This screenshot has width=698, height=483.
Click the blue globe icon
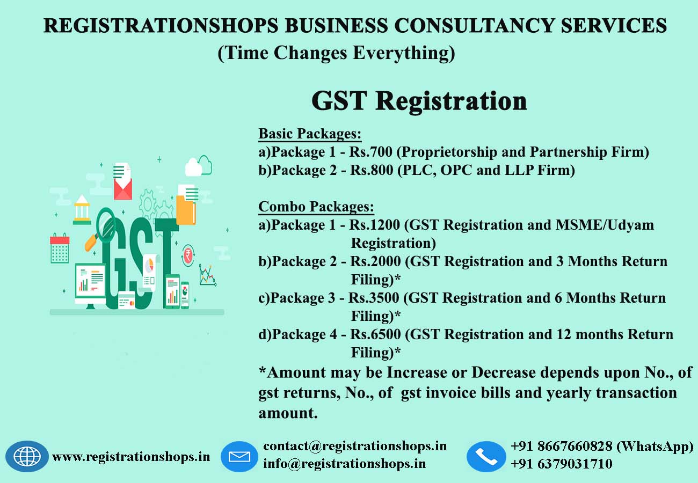point(27,456)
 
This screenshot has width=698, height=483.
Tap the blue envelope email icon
point(239,457)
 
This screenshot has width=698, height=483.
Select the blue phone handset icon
point(486,457)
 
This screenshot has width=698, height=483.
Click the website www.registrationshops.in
point(131,457)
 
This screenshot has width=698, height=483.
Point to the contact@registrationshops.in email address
point(355,446)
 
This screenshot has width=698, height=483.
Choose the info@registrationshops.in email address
point(344,464)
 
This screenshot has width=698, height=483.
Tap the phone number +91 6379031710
point(562,464)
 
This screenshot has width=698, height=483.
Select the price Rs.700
point(370,152)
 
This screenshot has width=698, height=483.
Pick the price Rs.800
point(372,170)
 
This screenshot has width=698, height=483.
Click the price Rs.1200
point(374,225)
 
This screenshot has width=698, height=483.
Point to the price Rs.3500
point(374,298)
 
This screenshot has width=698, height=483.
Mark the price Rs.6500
point(375,334)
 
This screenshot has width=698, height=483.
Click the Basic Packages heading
point(310,134)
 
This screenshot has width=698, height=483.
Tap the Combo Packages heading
point(316,207)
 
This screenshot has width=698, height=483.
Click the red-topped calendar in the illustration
point(60,248)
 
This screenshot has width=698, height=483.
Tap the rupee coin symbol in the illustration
point(188,255)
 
